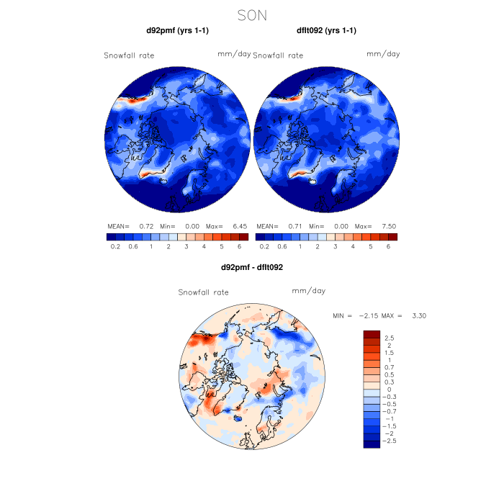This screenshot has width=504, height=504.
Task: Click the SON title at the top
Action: pos(252,14)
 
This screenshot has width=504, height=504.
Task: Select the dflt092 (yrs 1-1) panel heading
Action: pos(326,30)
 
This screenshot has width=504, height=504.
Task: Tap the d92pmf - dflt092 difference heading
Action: pos(252,267)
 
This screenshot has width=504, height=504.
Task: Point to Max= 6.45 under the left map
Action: pos(230,226)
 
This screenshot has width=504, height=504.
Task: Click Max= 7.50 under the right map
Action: pos(379,226)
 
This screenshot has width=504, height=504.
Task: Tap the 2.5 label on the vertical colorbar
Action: pos(389,338)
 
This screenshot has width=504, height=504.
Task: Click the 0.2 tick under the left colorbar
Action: pos(115,246)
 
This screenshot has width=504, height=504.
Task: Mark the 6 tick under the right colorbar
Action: pos(388,246)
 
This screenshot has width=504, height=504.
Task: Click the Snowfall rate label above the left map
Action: pos(129,55)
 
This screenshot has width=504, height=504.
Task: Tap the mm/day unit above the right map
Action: pos(383,54)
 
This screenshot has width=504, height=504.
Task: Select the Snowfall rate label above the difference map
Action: pos(203,292)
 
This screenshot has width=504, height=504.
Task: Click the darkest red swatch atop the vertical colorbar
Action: pos(372,334)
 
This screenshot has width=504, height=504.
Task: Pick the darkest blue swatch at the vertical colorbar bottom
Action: pos(372,444)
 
